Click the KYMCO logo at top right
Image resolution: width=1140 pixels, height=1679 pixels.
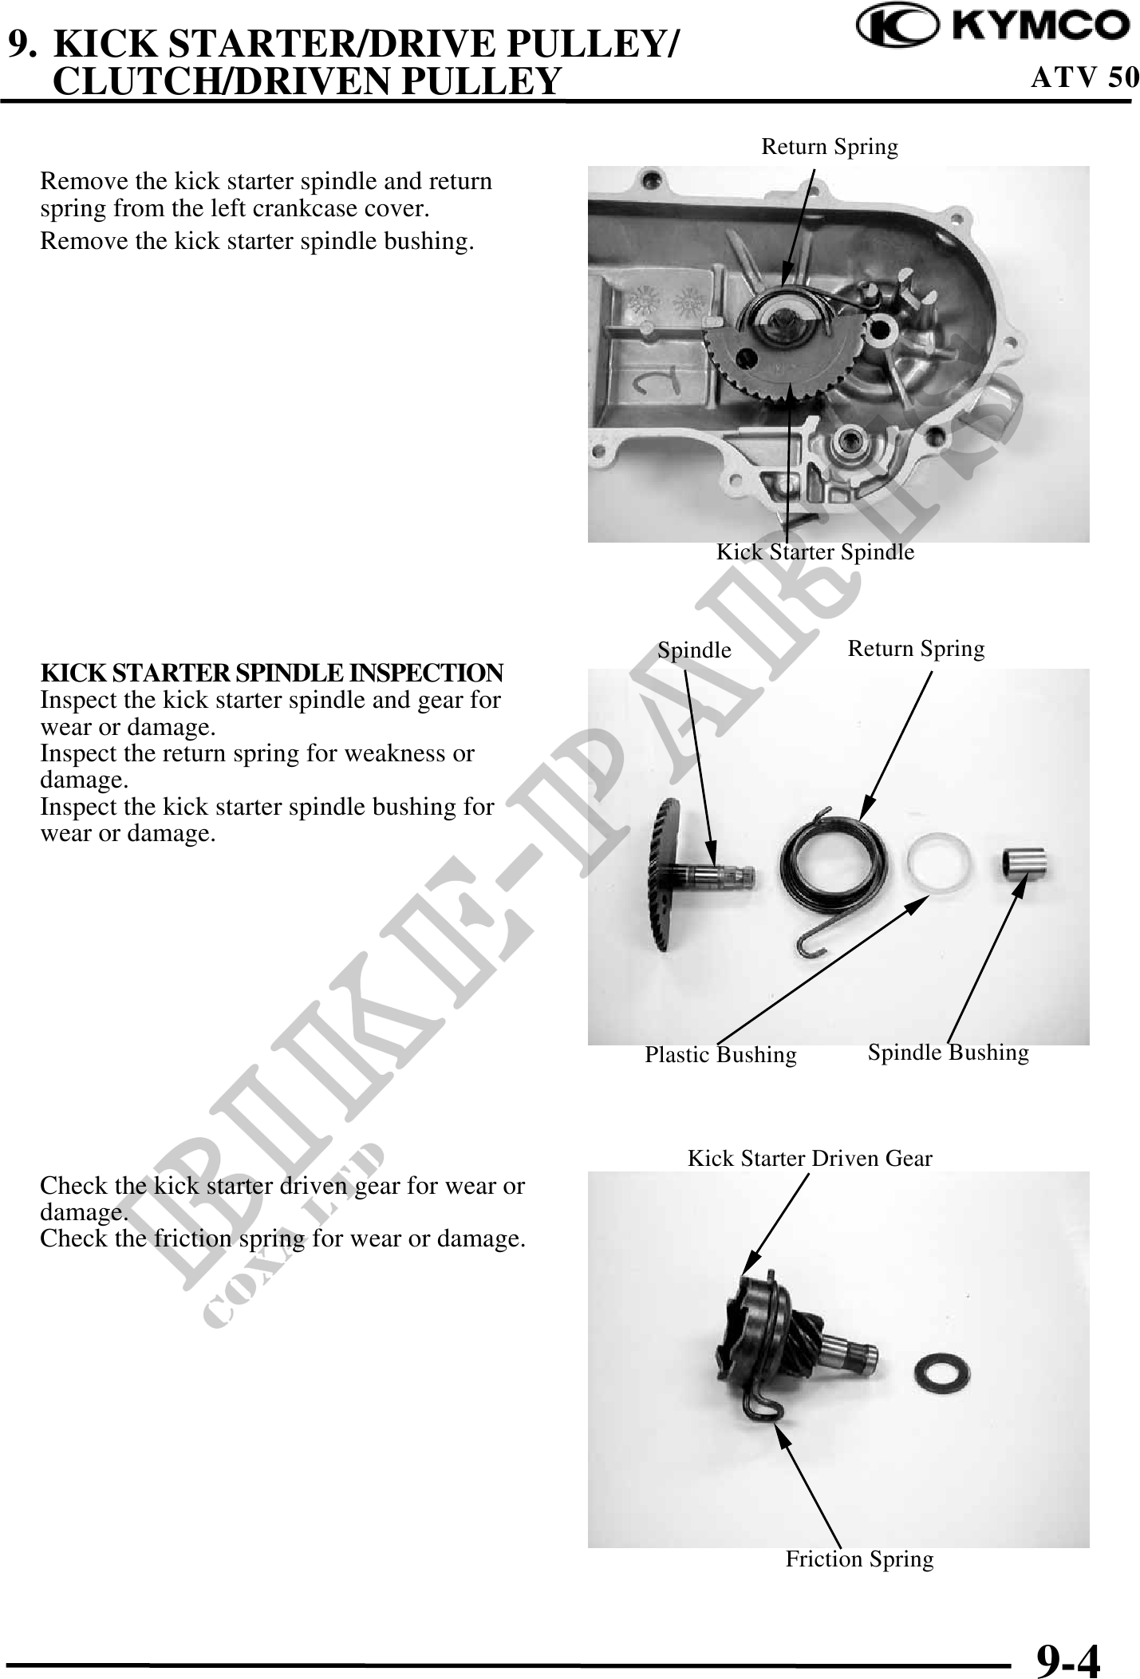point(992,26)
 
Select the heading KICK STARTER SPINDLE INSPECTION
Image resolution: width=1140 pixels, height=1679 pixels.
point(272,673)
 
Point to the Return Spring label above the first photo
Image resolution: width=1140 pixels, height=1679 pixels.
point(830,147)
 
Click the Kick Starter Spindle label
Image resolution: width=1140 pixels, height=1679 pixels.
point(815,551)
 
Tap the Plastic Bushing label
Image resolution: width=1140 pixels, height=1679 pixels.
point(720,1055)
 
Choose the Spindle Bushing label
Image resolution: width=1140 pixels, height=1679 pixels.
point(949,1053)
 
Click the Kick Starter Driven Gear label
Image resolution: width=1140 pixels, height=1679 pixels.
point(810,1158)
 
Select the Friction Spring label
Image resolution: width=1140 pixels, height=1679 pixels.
point(859,1559)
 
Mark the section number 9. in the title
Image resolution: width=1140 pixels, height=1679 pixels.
point(22,45)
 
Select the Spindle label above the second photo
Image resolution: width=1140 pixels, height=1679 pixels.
point(694,651)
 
